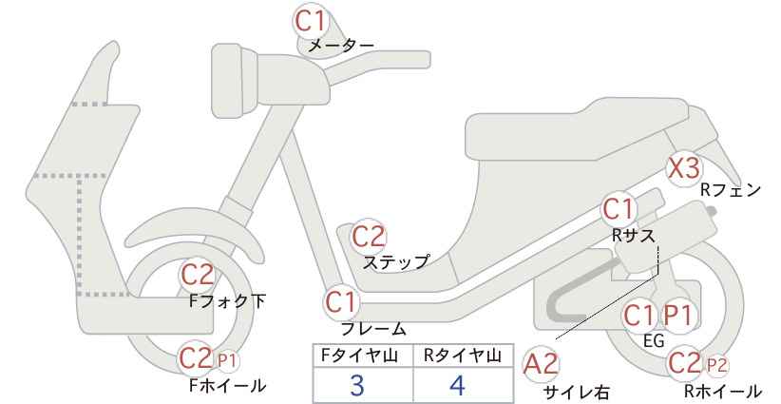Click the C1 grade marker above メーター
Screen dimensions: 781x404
click(310, 21)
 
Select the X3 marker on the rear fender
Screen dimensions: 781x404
click(684, 169)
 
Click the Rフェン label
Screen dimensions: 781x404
click(731, 190)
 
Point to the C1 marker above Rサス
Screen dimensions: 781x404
click(618, 209)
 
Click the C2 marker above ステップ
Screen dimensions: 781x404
click(369, 237)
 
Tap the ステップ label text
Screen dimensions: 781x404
click(396, 262)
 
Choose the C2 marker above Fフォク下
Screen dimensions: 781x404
click(197, 275)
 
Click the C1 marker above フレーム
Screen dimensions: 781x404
click(342, 302)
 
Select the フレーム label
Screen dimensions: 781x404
click(373, 328)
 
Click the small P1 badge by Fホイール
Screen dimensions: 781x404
click(227, 360)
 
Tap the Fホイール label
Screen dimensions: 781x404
click(228, 386)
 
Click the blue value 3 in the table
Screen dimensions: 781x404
click(356, 385)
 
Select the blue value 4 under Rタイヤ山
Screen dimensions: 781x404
click(457, 385)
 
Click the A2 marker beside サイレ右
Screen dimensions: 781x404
click(542, 364)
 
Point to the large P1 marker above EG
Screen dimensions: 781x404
click(678, 316)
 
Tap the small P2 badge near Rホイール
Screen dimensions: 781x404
click(716, 366)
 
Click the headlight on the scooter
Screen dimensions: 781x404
click(235, 81)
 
